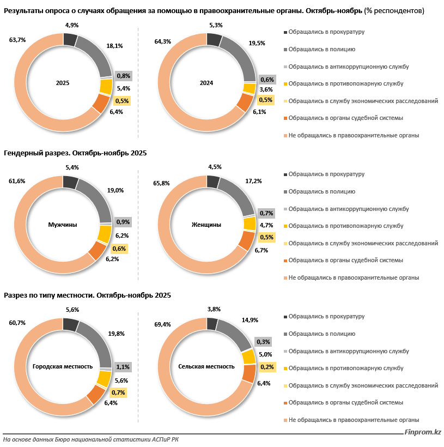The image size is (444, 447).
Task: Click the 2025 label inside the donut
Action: [x=63, y=83]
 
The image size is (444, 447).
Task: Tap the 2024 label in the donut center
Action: [x=206, y=83]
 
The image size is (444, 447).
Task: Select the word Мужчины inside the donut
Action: [x=63, y=225]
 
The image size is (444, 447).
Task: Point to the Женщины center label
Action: [x=206, y=225]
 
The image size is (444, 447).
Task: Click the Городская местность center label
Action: [x=63, y=366]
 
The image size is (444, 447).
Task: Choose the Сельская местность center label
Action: [x=206, y=366]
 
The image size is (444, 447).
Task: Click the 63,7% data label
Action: [x=17, y=40]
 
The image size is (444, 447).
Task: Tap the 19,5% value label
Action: [x=257, y=43]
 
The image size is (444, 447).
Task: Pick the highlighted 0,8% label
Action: [x=123, y=76]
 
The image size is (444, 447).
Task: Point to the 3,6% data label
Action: [x=266, y=89]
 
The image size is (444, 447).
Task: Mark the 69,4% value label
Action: [x=163, y=324]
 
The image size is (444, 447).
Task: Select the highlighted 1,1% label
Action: [x=123, y=367]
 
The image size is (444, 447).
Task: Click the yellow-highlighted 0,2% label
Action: [x=267, y=367]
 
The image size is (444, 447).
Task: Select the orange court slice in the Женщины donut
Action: [x=247, y=240]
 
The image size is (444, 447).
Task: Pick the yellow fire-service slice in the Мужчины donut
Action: [x=104, y=233]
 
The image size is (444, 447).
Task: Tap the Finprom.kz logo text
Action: [x=422, y=432]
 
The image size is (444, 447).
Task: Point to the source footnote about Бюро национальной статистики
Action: [x=80, y=439]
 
